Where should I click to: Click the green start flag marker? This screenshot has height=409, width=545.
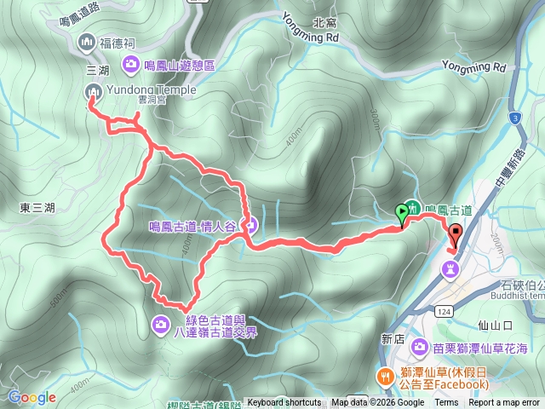coord(402,213)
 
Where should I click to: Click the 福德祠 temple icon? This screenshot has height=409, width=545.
coord(87,42)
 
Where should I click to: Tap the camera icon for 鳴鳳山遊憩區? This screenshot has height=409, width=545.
coord(131,62)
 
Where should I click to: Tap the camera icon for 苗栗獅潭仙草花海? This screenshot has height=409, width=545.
coord(421,347)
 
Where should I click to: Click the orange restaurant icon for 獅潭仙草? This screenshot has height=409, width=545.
coord(385,375)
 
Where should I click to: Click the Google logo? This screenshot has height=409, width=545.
coord(32,397)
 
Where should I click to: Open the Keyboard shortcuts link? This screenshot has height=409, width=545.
coord(284,403)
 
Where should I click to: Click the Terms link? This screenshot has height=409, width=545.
coord(446,403)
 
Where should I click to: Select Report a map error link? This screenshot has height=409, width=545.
coord(505,403)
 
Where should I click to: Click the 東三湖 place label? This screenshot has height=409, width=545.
coord(37,207)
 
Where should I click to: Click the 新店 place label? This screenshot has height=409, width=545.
coord(393,338)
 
